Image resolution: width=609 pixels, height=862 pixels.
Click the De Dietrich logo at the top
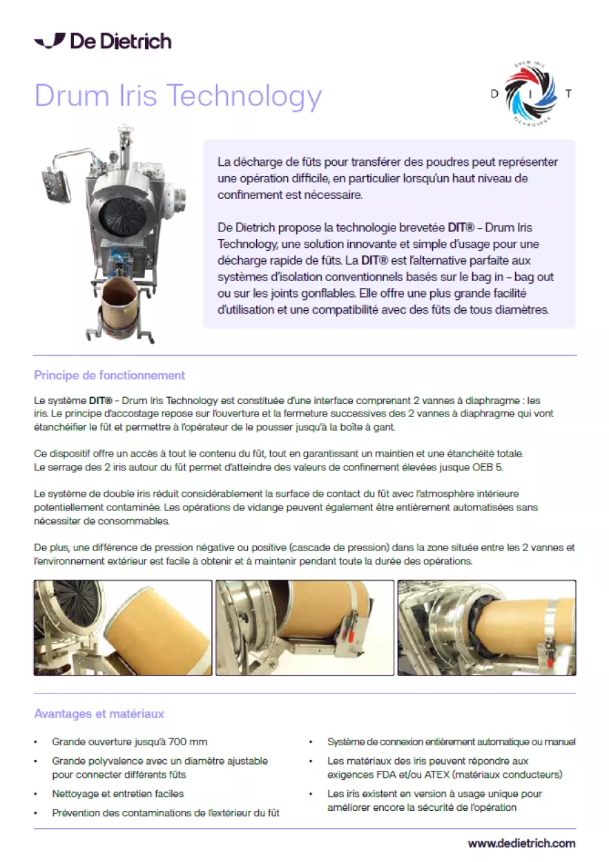pyautogui.click(x=103, y=41)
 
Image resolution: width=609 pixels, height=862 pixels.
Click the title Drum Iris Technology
pyautogui.click(x=178, y=95)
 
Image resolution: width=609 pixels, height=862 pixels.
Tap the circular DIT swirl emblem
pyautogui.click(x=531, y=93)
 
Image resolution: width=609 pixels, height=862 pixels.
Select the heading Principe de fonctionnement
pyautogui.click(x=110, y=375)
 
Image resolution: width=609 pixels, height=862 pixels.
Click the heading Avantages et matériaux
pyautogui.click(x=99, y=714)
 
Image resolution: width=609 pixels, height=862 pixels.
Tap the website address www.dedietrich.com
pyautogui.click(x=522, y=843)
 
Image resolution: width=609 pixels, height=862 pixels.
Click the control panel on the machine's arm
pyautogui.click(x=56, y=184)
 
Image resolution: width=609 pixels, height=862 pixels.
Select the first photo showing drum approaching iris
pyautogui.click(x=123, y=628)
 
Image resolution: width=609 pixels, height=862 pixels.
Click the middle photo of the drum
pyautogui.click(x=304, y=628)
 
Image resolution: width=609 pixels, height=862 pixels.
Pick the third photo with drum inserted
pyautogui.click(x=487, y=628)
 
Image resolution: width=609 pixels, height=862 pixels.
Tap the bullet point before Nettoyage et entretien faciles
pyautogui.click(x=36, y=794)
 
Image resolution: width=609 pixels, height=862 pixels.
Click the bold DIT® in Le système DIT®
pyautogui.click(x=100, y=401)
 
